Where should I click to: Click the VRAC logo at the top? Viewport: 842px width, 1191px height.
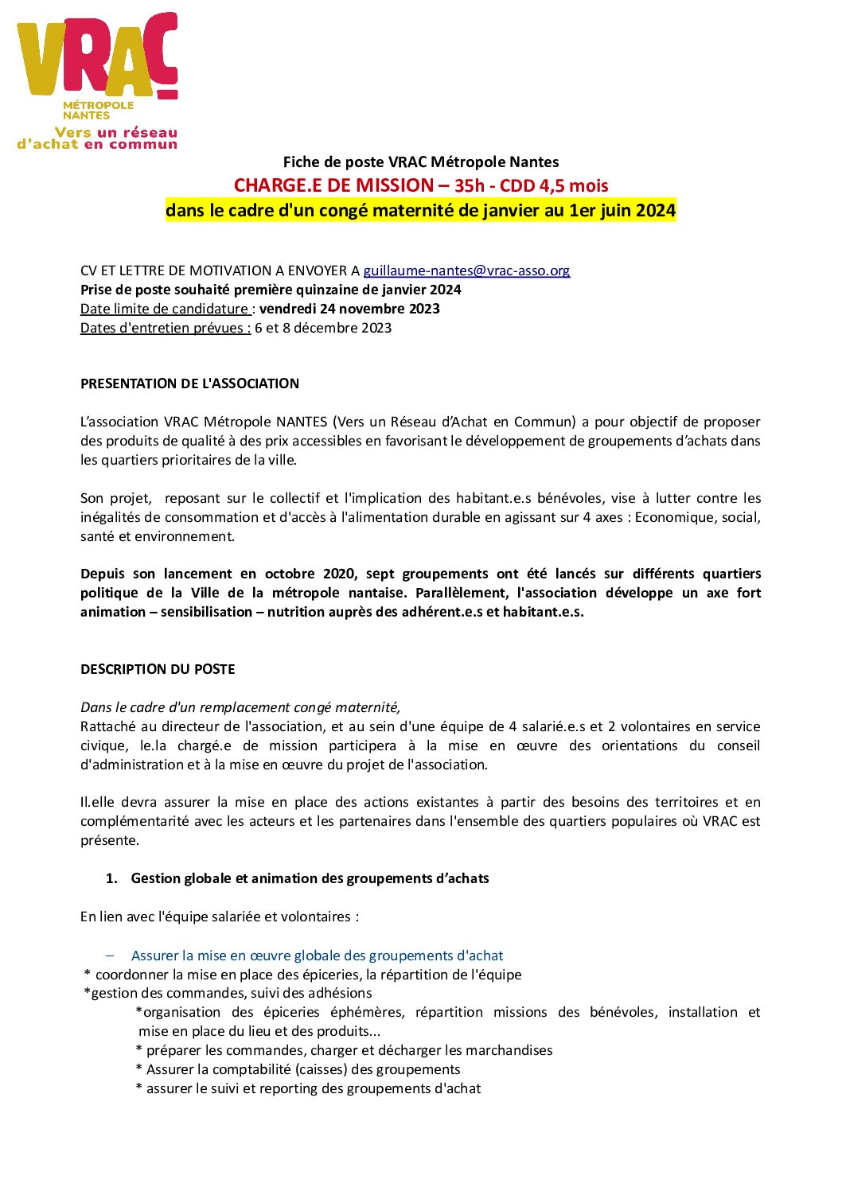97,80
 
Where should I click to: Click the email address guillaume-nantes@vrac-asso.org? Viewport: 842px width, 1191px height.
466,271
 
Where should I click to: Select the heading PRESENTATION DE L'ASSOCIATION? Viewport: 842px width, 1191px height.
189,383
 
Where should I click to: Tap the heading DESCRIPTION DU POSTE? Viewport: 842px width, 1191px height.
158,669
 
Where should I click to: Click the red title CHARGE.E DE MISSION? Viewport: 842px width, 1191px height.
333,185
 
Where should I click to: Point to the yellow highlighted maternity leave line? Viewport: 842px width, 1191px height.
420,211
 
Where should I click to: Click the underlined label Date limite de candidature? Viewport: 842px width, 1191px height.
166,309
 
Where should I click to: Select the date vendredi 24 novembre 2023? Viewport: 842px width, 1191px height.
349,309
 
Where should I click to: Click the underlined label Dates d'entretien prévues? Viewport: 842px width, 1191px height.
166,328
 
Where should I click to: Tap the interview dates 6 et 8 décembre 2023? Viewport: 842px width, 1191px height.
323,328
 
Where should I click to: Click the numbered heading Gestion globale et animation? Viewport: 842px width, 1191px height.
310,878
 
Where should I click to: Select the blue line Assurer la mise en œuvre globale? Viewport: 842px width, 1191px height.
317,956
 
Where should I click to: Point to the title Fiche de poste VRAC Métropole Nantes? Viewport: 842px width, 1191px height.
420,162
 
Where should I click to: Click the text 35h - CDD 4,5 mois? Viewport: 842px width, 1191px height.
531,186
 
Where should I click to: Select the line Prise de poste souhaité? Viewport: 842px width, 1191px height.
271,290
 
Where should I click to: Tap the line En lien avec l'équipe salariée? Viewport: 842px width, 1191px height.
219,917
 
